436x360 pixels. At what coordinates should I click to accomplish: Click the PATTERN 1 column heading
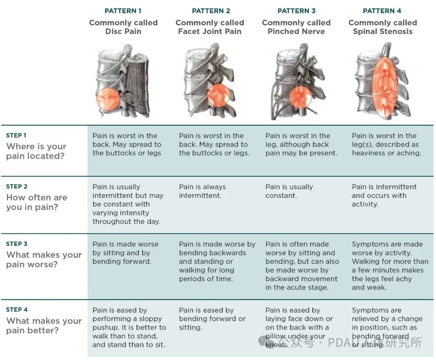tap(123, 11)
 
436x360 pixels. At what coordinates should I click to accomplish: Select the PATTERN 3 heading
tap(296, 11)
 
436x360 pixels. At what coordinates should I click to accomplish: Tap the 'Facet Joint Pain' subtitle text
tap(210, 31)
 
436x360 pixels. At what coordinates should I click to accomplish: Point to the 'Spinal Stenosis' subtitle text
tap(383, 31)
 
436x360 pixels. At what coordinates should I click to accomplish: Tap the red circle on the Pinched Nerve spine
tap(300, 97)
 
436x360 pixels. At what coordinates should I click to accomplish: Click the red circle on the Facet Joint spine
tap(218, 95)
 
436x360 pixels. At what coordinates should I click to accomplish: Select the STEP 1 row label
tap(16, 135)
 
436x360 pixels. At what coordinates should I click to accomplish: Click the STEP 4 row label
tap(17, 310)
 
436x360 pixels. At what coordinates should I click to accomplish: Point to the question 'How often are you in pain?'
tap(37, 202)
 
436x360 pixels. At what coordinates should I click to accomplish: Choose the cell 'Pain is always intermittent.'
tap(202, 191)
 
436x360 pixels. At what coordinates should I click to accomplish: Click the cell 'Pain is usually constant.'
tap(289, 191)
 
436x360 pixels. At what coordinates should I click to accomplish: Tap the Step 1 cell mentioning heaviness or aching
tap(386, 144)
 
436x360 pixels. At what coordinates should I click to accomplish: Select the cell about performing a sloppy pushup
tap(129, 327)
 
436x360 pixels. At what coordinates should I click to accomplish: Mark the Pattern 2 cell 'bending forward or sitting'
tap(212, 319)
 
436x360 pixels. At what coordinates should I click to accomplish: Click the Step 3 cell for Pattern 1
tap(126, 253)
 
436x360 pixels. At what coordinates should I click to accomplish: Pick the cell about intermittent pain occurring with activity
tap(384, 195)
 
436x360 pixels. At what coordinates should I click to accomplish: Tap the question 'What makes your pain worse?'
tap(44, 260)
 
